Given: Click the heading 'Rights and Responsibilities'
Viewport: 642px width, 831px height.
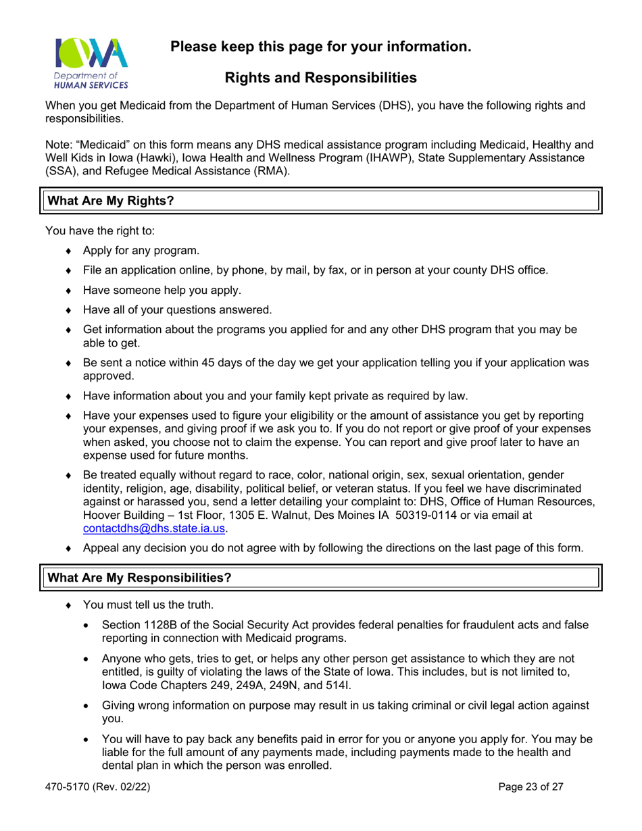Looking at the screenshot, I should point(320,78).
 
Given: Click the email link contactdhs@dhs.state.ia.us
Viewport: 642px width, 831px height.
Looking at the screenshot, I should point(154,529).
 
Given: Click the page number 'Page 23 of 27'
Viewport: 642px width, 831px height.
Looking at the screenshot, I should point(530,786).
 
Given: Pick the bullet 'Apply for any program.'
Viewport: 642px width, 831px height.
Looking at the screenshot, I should point(141,251).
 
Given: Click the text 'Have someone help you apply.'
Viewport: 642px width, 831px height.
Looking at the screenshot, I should point(162,291).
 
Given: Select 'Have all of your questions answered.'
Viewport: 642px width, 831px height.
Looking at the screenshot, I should point(177,310).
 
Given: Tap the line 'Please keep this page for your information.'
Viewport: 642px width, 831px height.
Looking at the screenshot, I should point(320,47).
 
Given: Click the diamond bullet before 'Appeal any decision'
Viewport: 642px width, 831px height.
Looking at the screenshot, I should point(69,549).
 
